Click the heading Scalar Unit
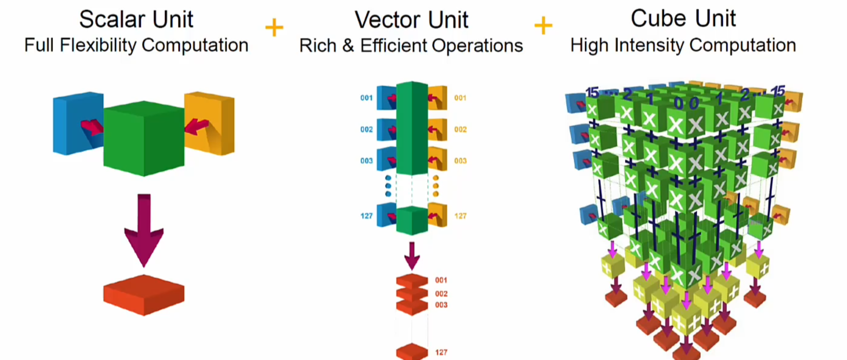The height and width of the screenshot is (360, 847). pyautogui.click(x=136, y=19)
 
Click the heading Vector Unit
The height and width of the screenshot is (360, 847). pyautogui.click(x=411, y=20)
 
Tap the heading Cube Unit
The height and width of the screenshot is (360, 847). pyautogui.click(x=683, y=19)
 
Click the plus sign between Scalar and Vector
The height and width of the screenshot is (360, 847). pyautogui.click(x=274, y=27)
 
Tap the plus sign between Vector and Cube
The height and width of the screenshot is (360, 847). pyautogui.click(x=543, y=25)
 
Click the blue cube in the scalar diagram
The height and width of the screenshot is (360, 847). pyautogui.click(x=73, y=123)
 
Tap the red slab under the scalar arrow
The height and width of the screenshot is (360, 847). pyautogui.click(x=144, y=295)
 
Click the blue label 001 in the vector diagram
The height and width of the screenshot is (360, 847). pyautogui.click(x=366, y=98)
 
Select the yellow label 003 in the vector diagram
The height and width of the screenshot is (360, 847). pyautogui.click(x=460, y=161)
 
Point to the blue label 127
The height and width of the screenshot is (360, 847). pyautogui.click(x=366, y=216)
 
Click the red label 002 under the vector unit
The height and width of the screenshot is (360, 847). pyautogui.click(x=441, y=294)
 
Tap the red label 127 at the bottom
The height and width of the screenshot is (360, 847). pyautogui.click(x=441, y=352)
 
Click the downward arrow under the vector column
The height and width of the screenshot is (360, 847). pyautogui.click(x=412, y=256)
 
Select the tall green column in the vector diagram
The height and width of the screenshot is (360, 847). pyautogui.click(x=412, y=128)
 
